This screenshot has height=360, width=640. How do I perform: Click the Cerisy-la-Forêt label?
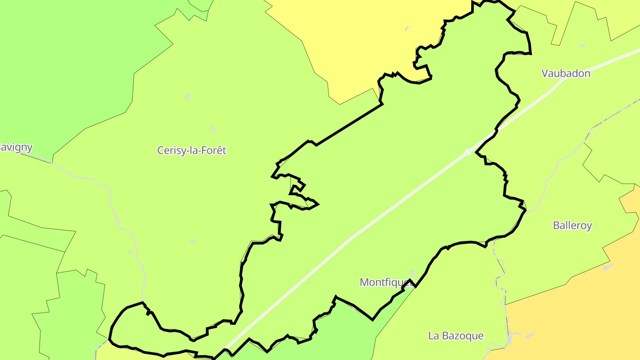pyautogui.click(x=192, y=151)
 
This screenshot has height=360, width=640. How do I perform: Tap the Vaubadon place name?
pyautogui.click(x=566, y=74)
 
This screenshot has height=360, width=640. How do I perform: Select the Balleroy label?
pyautogui.click(x=572, y=226)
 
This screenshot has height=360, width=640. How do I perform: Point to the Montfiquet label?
pyautogui.click(x=384, y=282)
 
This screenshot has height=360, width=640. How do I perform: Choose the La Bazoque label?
pyautogui.click(x=456, y=336)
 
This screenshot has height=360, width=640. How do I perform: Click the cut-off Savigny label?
pyautogui.click(x=16, y=148)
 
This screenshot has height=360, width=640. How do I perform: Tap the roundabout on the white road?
pyautogui.click(x=468, y=152)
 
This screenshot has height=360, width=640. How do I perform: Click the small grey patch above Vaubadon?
pyautogui.click(x=582, y=45)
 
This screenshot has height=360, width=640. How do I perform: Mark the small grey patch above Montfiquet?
pyautogui.click(x=413, y=272)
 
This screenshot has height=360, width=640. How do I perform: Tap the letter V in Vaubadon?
pyautogui.click(x=545, y=74)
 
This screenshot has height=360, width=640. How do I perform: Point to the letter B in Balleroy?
pyautogui.click(x=556, y=226)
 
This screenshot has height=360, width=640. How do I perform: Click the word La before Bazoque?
pyautogui.click(x=434, y=336)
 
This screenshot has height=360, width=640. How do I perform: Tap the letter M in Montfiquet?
pyautogui.click(x=364, y=282)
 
